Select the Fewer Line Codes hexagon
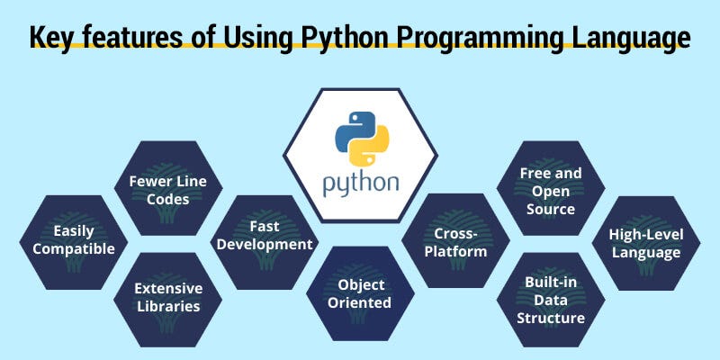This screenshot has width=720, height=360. (x=168, y=189)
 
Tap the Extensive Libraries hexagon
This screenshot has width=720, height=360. (x=168, y=297)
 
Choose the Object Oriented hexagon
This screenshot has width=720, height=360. (x=362, y=293)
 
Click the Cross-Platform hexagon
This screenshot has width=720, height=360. (x=456, y=240)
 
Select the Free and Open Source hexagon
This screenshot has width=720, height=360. (x=551, y=190)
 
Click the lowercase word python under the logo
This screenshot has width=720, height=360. (x=361, y=182)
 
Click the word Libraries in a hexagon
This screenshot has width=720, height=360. (x=168, y=307)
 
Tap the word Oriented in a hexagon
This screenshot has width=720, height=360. (x=362, y=303)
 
